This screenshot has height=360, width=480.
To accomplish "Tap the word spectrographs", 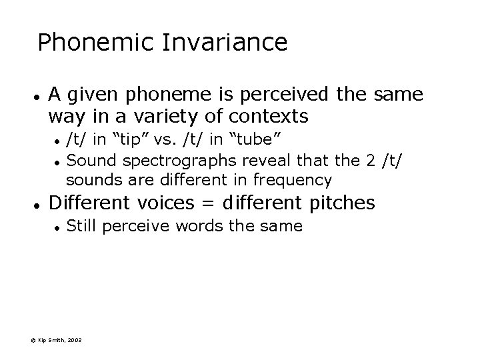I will click(x=168, y=161).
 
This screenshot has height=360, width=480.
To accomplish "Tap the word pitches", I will click(x=340, y=203).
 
